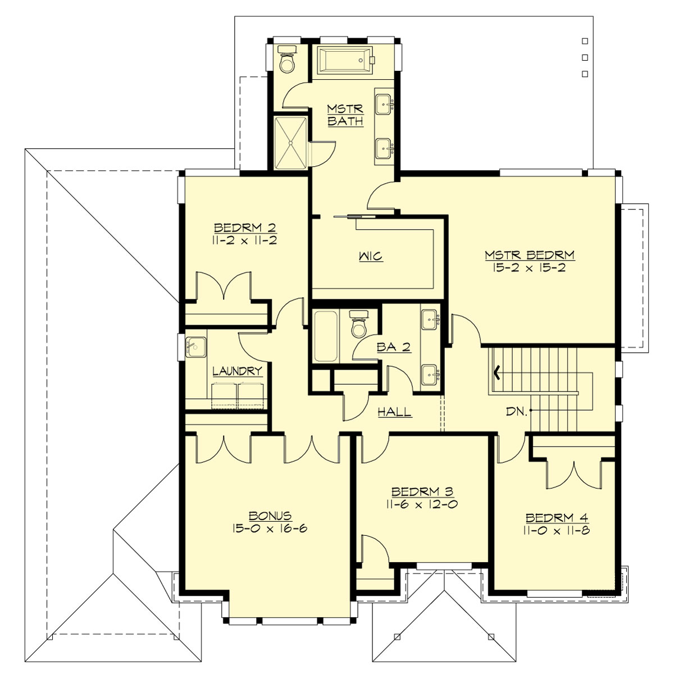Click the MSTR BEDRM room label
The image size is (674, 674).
(530, 255)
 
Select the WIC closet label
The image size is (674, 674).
(370, 257)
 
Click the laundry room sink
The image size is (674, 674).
(195, 347)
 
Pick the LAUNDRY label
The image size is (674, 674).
(237, 371)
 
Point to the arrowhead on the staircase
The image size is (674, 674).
(497, 371)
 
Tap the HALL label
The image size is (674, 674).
(394, 412)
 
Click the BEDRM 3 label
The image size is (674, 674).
(421, 491)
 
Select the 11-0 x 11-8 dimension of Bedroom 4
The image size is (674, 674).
(557, 531)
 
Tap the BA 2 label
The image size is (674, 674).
(394, 348)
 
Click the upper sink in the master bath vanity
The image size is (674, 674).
(385, 103)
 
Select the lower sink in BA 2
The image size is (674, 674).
(430, 373)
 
